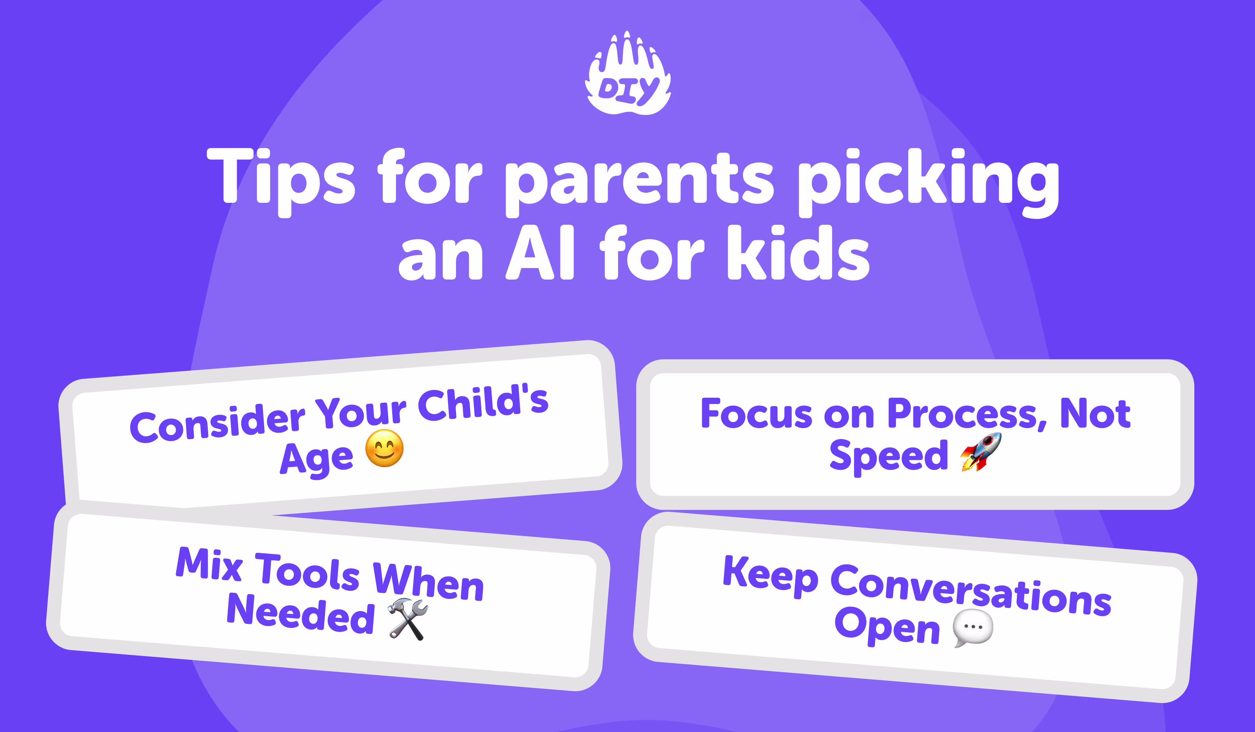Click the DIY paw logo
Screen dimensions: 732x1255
(x=628, y=75)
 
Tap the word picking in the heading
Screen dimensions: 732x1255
(x=928, y=182)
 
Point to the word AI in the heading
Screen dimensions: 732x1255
(x=540, y=254)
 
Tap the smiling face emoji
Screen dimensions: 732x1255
(x=385, y=448)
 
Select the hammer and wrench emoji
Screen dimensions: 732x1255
(x=408, y=619)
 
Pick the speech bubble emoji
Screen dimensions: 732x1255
(x=973, y=628)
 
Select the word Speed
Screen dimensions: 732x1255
(x=889, y=456)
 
